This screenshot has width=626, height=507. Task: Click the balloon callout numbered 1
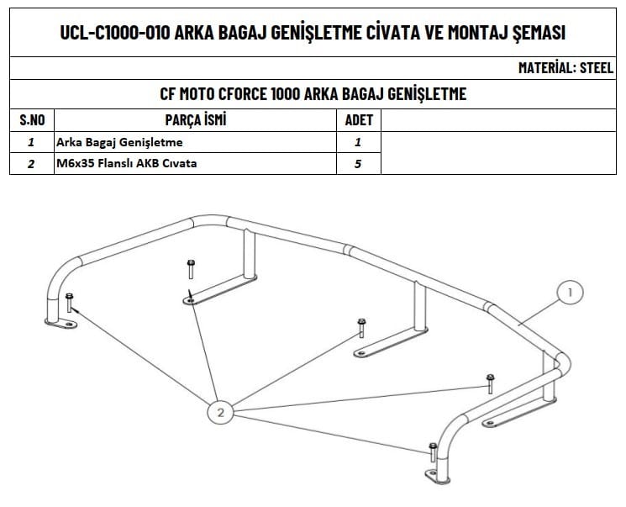[570, 293]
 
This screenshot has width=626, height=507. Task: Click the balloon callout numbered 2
[220, 412]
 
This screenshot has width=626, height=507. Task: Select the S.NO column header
[31, 120]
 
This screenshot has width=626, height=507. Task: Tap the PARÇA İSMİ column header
[196, 120]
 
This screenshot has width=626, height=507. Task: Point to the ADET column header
[359, 120]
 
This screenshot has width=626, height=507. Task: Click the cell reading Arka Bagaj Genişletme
[118, 142]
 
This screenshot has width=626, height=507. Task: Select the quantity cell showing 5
[358, 164]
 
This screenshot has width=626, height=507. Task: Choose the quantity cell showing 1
[358, 142]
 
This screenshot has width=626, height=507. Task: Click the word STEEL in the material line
[597, 68]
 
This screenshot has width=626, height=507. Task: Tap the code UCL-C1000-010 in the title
[115, 33]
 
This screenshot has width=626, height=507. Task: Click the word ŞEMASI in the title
[534, 33]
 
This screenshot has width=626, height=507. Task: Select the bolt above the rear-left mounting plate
[191, 269]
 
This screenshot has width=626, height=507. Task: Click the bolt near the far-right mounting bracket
[490, 383]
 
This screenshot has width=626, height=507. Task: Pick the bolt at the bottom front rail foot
[432, 452]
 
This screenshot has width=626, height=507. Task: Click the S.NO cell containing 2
[31, 164]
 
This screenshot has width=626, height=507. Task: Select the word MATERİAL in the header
[547, 68]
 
